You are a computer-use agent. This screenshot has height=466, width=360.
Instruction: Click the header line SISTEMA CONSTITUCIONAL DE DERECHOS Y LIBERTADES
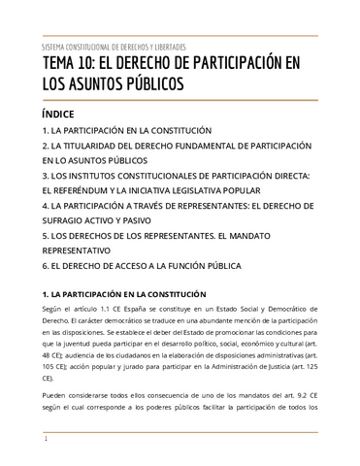(x=115, y=47)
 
